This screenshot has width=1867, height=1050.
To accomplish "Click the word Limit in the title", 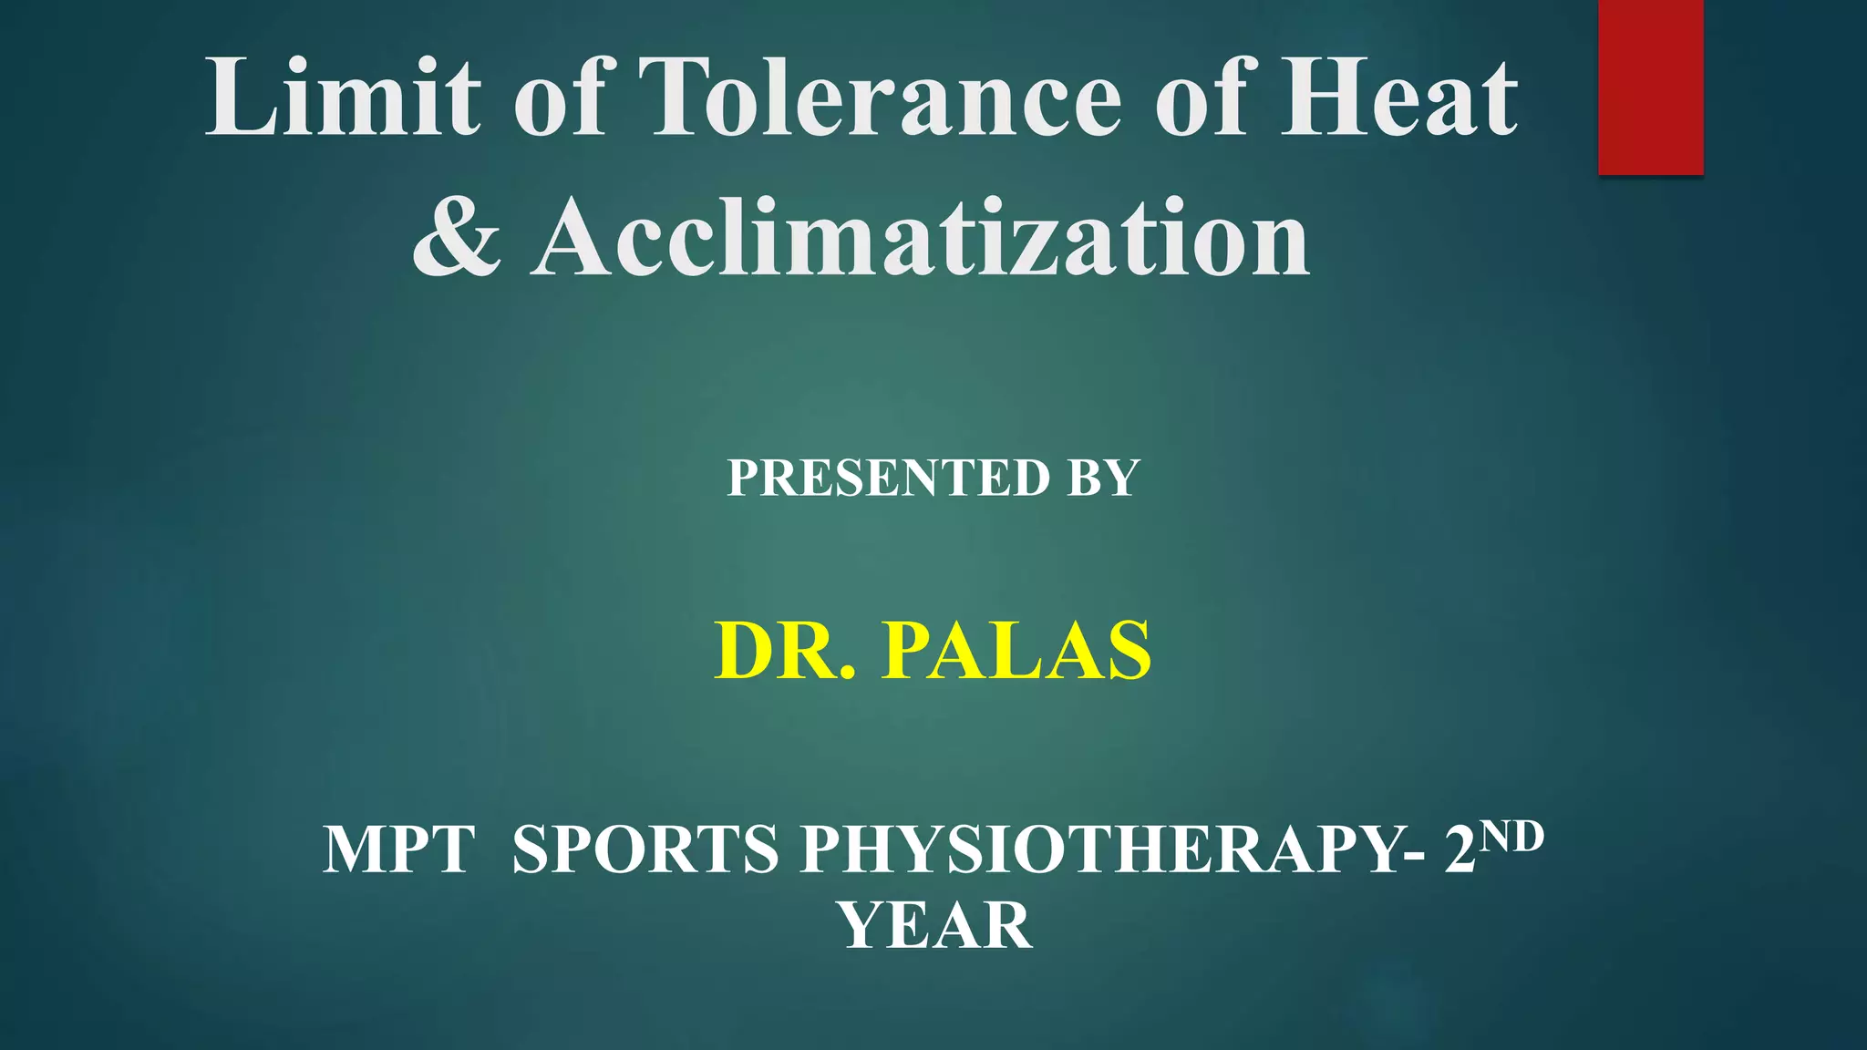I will click(343, 98).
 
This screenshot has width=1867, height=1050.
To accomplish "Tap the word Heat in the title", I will click(1399, 98).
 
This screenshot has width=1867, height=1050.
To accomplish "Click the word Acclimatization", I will click(921, 239).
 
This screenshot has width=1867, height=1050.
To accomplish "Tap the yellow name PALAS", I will click(1016, 651).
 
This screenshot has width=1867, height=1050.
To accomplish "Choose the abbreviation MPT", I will click(398, 850).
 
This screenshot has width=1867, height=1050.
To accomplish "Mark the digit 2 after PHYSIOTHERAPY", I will click(1460, 850).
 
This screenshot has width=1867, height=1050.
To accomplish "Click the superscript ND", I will click(1511, 836).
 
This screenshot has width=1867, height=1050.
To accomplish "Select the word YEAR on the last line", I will click(935, 926).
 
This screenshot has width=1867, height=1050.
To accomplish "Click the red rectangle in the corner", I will click(1650, 87).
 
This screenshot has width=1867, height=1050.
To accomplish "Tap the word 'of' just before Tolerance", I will click(560, 98).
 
